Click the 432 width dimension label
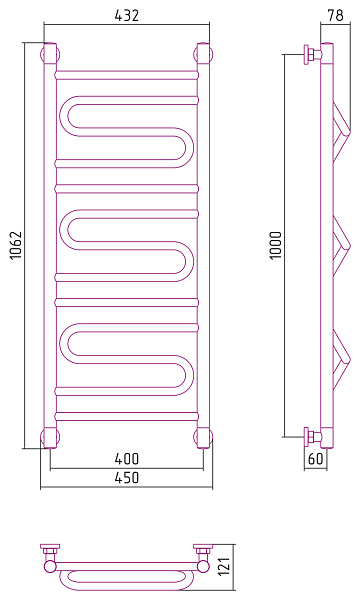pos(127,15)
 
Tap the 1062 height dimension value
pos(16,246)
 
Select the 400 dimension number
pos(127,458)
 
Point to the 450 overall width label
pos(127,478)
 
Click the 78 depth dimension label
pos(336,15)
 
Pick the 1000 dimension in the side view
pos(276,246)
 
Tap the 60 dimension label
pos(316,458)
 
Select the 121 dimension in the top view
pos(225,566)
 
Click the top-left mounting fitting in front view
pos(50,53)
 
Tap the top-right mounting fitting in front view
pos(204,53)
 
